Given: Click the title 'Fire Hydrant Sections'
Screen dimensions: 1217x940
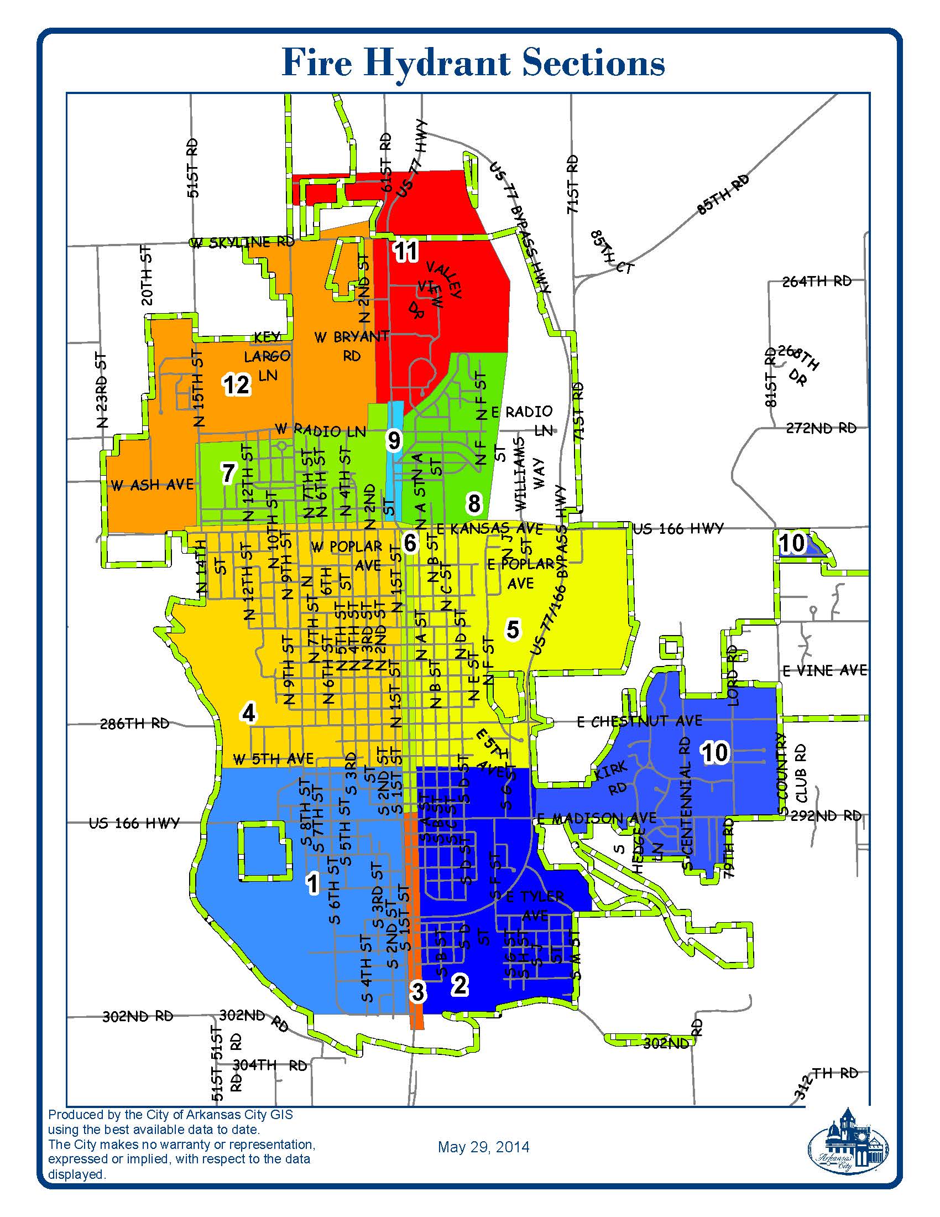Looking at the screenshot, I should (x=473, y=63).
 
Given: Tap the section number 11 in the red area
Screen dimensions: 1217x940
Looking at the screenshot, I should (x=406, y=251).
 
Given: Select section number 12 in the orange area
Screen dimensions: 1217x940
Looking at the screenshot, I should (x=237, y=384).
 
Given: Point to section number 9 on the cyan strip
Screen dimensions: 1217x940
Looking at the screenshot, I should (x=394, y=441).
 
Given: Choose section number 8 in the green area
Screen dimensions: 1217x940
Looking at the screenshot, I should (x=474, y=503).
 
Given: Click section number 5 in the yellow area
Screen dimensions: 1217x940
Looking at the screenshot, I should (x=513, y=630).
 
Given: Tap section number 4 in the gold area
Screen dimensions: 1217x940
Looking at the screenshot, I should (x=248, y=712).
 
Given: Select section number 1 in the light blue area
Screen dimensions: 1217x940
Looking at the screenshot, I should (x=313, y=883).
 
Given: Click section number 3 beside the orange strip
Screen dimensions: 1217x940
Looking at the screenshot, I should (x=417, y=991).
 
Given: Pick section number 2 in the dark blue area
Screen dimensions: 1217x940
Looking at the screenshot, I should (x=460, y=985).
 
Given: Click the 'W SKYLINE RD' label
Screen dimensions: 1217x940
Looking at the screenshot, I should (x=243, y=242).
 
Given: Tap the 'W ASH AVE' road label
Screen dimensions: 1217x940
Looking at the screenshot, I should (x=152, y=485).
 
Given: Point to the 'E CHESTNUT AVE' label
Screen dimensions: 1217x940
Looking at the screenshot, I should (x=639, y=721).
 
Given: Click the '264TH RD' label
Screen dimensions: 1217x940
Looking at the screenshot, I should (x=817, y=282).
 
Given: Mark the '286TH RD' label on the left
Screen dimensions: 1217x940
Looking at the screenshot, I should (x=135, y=724).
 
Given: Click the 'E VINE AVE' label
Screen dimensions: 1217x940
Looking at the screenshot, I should (x=825, y=670).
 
